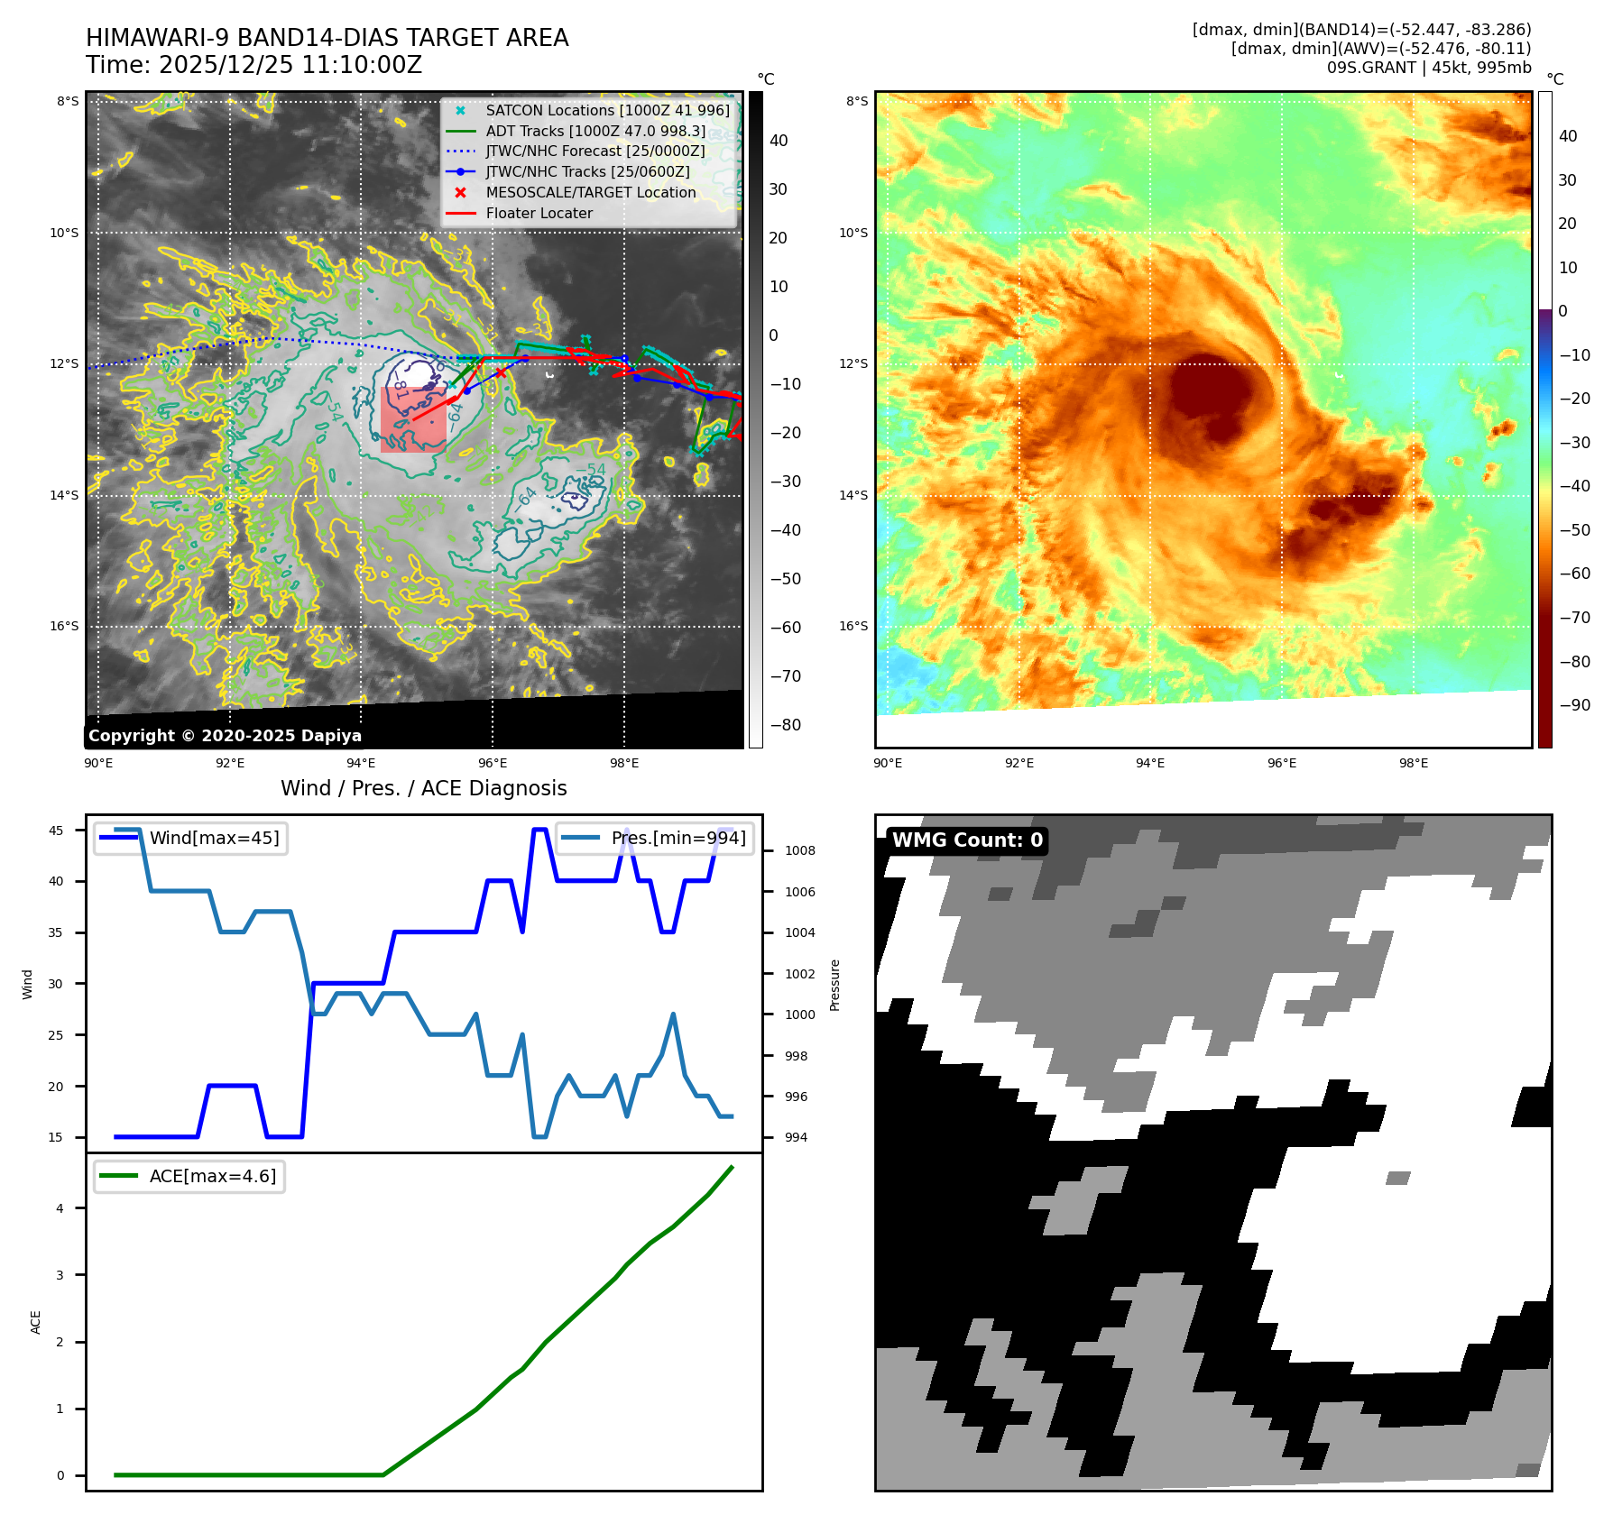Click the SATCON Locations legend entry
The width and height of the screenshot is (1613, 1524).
607,110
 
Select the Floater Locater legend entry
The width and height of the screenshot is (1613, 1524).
539,213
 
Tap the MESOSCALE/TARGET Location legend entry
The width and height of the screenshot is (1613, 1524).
590,192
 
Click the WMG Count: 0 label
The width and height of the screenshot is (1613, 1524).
967,840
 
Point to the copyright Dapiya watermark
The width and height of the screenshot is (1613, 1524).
225,736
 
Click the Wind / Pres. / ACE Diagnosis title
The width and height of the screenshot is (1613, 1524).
424,788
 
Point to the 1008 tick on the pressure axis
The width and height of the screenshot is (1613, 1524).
799,850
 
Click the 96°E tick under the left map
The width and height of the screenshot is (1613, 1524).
493,763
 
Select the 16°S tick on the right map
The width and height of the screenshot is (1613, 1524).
853,626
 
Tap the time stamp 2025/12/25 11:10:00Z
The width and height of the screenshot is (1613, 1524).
290,65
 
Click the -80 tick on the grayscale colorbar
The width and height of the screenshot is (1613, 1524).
785,725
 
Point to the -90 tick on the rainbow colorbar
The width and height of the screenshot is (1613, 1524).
1574,705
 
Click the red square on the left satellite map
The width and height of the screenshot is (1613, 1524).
413,419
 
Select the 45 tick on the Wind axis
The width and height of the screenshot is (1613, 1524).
56,831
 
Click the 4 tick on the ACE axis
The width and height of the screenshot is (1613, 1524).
60,1208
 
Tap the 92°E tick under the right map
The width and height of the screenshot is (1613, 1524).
1019,763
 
